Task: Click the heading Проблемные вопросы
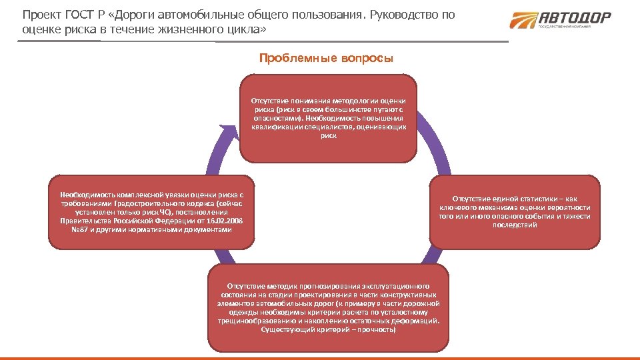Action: (326, 58)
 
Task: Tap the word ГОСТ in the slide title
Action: (80, 15)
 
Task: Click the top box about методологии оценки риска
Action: (328, 118)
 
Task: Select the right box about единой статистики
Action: (515, 212)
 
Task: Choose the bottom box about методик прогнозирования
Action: (328, 307)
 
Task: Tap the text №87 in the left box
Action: (79, 229)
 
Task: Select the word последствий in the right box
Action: (515, 225)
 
